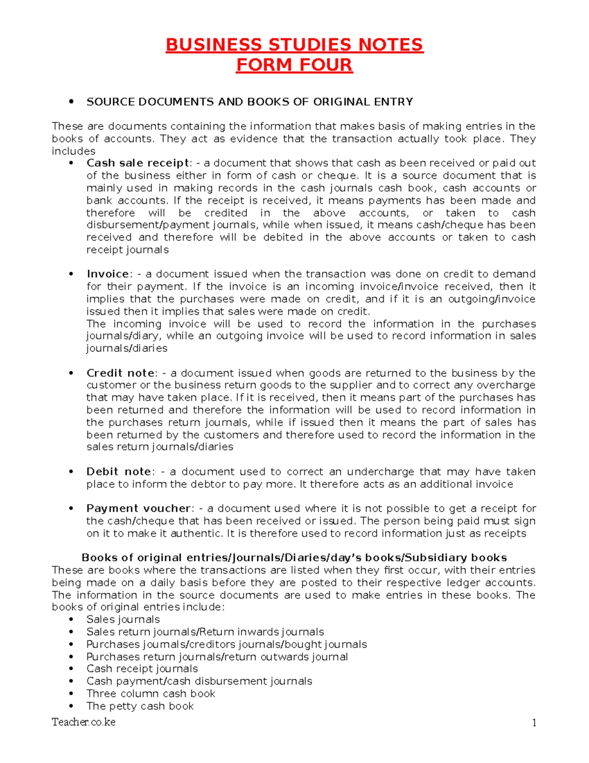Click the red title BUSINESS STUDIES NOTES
point(294,45)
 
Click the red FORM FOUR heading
point(294,65)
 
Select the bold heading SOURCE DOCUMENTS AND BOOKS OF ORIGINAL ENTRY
point(249,102)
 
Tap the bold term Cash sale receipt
point(138,163)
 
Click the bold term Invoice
point(107,274)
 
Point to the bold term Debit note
point(119,472)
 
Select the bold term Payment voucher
point(138,509)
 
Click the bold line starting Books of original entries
point(294,558)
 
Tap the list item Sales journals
point(123,620)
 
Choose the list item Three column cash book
point(151,694)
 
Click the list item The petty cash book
point(140,706)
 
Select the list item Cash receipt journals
point(142,669)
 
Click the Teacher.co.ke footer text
point(83,722)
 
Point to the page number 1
point(534,723)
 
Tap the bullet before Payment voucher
point(72,509)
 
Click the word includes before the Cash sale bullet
point(74,151)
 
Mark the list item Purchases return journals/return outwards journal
point(217,657)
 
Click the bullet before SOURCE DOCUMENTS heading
point(72,102)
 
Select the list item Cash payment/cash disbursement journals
point(199,681)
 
